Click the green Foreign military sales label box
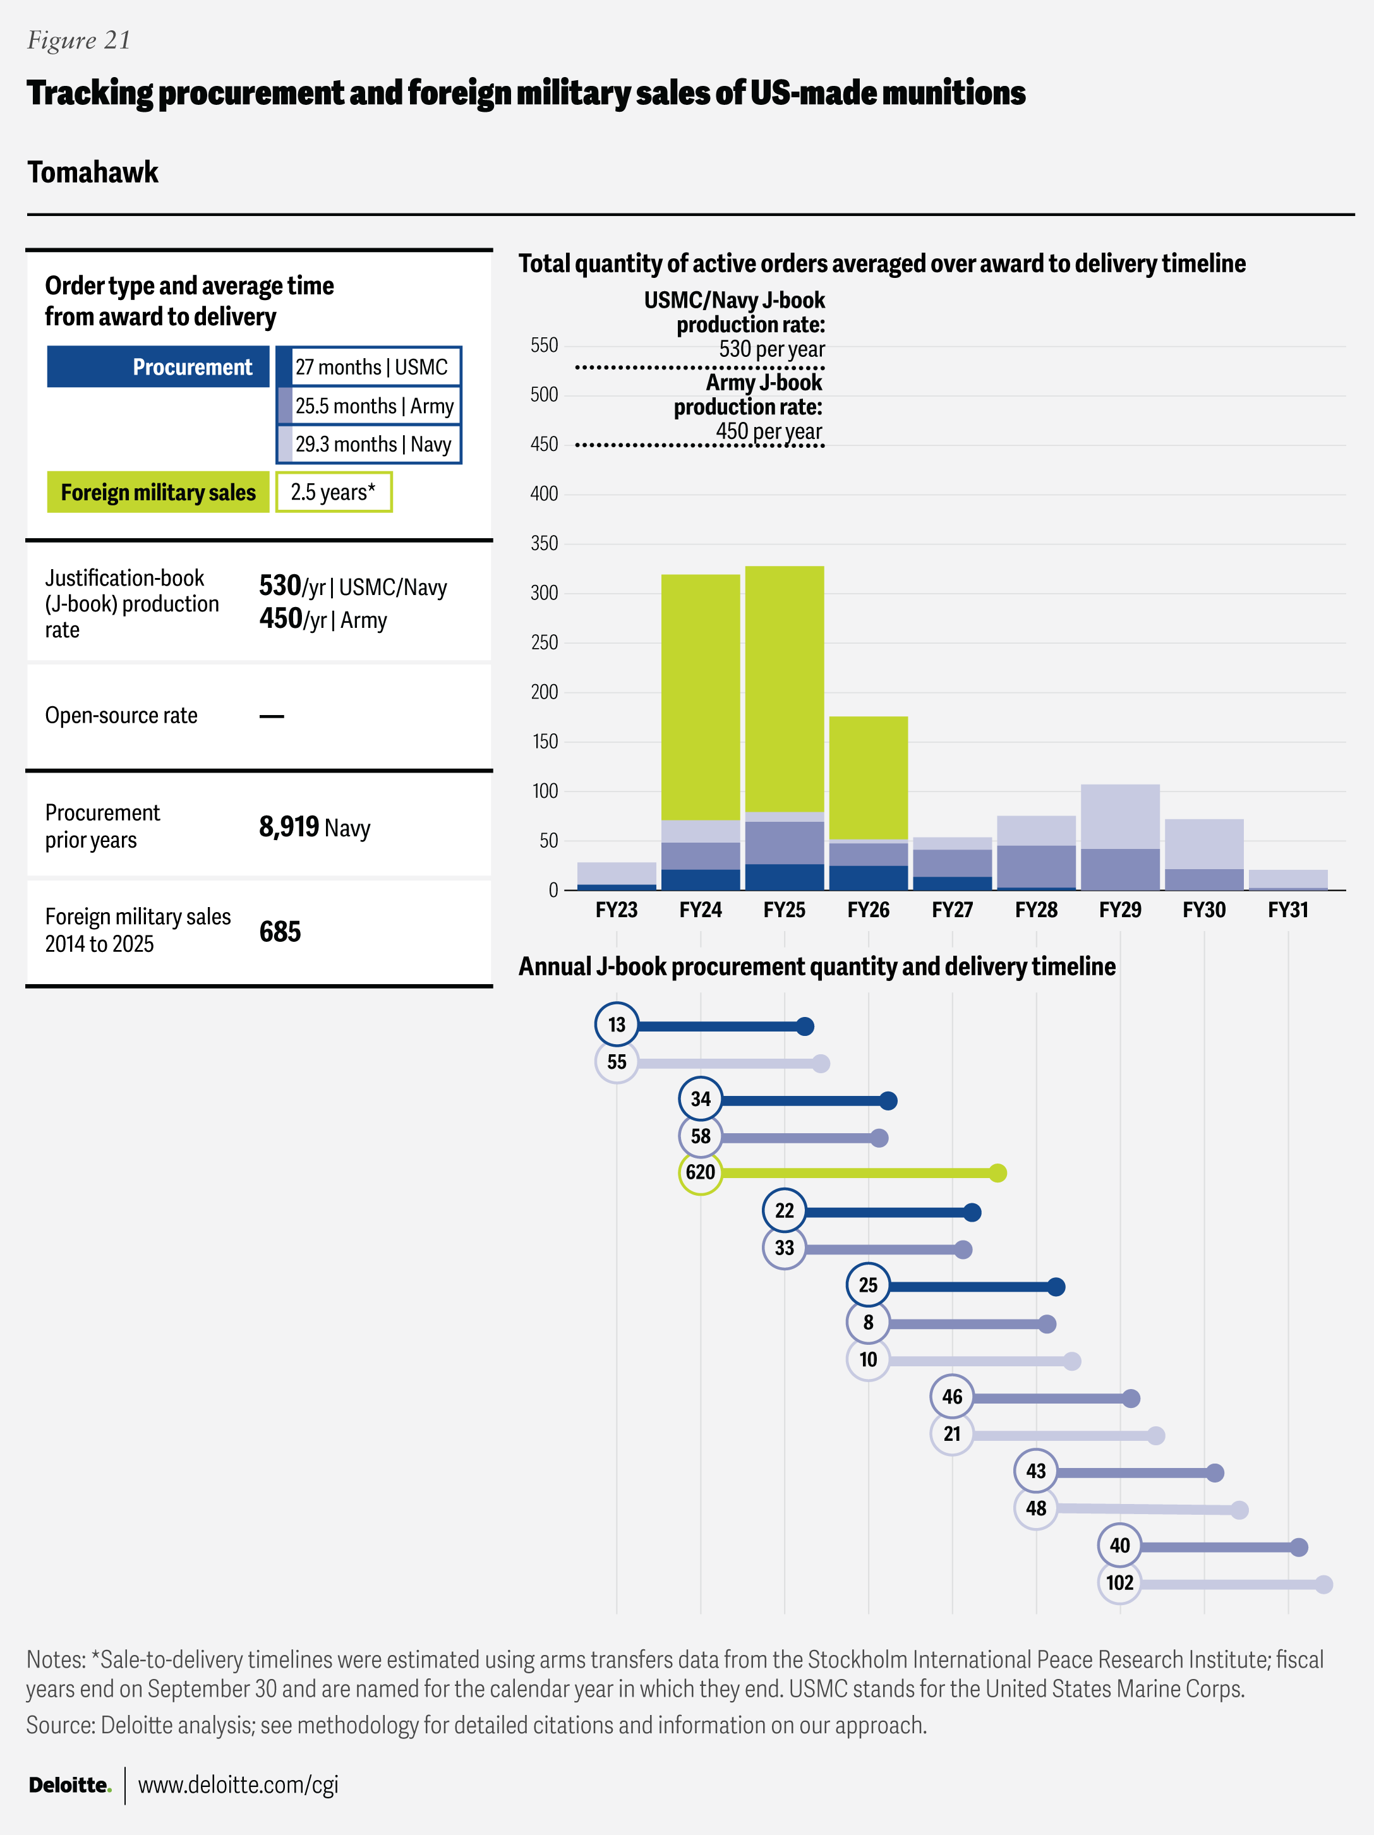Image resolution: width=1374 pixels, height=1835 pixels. (x=158, y=492)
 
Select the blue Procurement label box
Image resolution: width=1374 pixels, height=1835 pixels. (x=158, y=366)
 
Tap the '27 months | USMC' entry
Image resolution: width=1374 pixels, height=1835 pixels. (x=371, y=366)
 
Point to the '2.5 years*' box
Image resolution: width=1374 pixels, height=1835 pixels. (x=334, y=492)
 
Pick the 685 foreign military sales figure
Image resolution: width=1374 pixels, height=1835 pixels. (x=280, y=932)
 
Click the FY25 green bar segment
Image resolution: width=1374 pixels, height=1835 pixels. (x=784, y=689)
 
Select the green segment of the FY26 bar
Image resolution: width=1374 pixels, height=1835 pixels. (x=868, y=778)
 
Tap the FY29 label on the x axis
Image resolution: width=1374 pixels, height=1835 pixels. (x=1119, y=910)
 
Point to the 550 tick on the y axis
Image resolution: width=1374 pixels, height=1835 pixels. (x=545, y=345)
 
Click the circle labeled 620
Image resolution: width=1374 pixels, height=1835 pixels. (x=701, y=1172)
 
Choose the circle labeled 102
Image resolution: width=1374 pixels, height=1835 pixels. (x=1119, y=1583)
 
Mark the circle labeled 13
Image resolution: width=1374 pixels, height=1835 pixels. (x=617, y=1025)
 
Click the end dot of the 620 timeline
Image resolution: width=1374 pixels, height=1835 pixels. (x=998, y=1173)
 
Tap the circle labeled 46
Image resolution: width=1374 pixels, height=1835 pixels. (x=951, y=1397)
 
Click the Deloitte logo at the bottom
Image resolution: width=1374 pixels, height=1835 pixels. (x=69, y=1784)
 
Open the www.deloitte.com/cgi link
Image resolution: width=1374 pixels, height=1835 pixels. (x=238, y=1784)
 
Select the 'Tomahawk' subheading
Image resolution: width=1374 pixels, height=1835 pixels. (x=93, y=172)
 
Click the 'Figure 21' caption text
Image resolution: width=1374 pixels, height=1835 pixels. (x=79, y=40)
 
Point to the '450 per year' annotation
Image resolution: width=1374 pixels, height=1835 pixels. (x=768, y=431)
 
